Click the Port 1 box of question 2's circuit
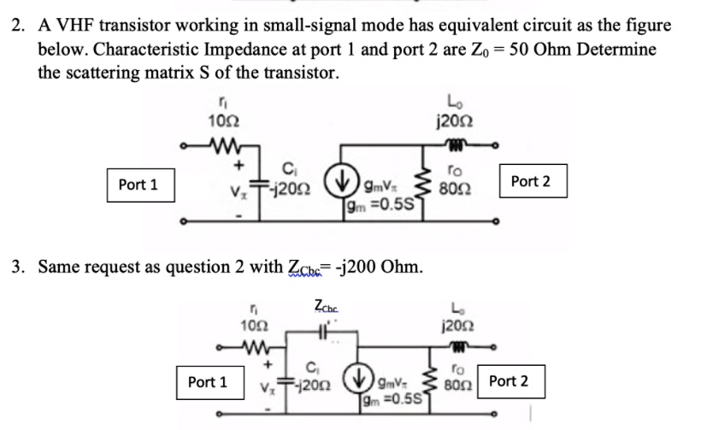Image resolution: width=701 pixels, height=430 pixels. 138,185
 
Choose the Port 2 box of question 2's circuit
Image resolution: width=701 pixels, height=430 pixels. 530,181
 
